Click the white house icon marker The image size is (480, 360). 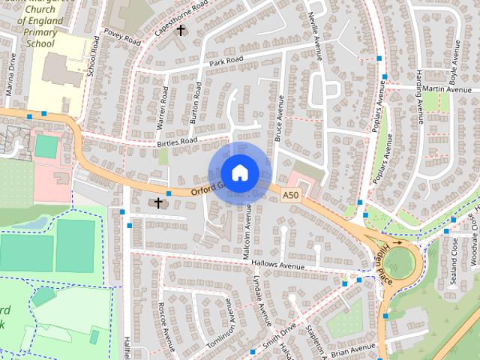pyautogui.click(x=239, y=172)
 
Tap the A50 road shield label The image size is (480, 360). pyautogui.click(x=291, y=196)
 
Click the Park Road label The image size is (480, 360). pyautogui.click(x=227, y=59)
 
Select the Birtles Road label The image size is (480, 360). pyautogui.click(x=176, y=141)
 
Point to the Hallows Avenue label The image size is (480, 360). pyautogui.click(x=297, y=265)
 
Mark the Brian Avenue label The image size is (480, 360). pyautogui.click(x=352, y=349)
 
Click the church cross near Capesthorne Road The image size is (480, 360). pyautogui.click(x=180, y=30)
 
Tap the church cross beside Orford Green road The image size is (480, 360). pyautogui.click(x=158, y=202)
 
